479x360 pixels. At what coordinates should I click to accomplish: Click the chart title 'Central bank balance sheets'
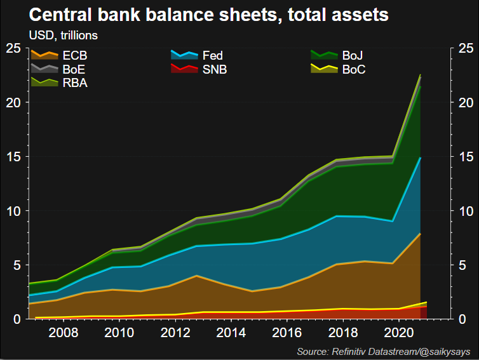209,14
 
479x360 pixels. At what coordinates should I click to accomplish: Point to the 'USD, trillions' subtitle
63,34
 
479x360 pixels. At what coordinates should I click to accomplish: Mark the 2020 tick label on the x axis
398,332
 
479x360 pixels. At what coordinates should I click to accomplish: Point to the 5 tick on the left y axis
17,265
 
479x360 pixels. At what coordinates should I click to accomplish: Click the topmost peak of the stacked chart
421,75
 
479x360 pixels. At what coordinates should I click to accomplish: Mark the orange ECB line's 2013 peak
198,276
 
